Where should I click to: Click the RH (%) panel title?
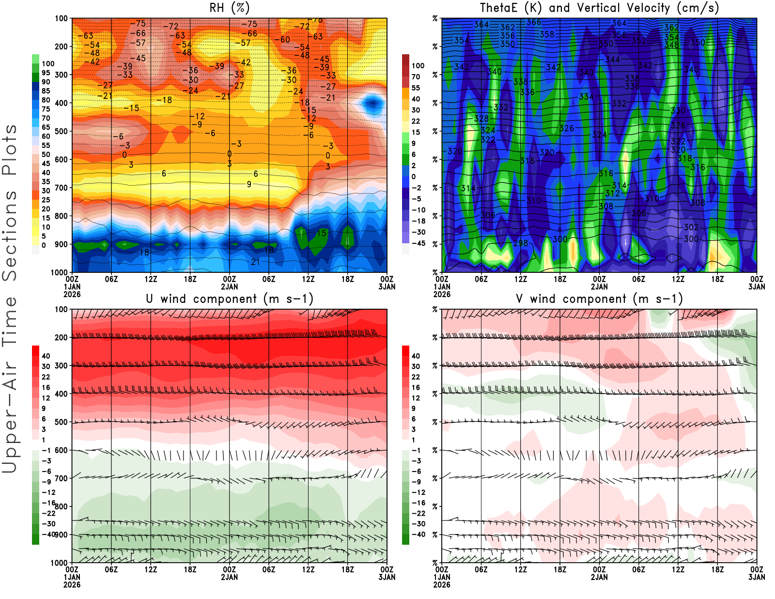(229, 8)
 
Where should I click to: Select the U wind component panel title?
(229, 299)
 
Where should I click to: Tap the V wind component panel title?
(599, 299)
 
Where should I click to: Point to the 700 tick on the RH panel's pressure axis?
(62, 188)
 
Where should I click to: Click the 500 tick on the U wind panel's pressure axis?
(62, 422)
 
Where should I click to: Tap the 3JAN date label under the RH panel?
(387, 287)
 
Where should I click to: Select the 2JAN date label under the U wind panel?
(230, 578)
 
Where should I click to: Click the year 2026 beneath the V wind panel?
(442, 585)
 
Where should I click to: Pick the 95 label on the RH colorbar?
(46, 73)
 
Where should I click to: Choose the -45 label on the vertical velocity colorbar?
(418, 243)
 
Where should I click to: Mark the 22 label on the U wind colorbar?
(46, 377)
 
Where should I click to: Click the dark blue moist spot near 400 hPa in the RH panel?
(372, 103)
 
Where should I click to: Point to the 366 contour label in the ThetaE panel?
(534, 22)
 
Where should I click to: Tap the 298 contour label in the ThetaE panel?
(521, 243)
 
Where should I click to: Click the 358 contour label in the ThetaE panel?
(547, 34)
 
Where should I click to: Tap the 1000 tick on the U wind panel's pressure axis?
(60, 563)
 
